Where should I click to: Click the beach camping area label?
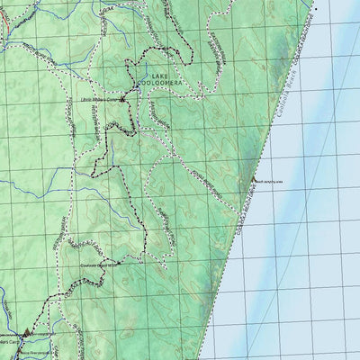pos(271,181)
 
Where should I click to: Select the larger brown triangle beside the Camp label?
pos(27,332)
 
